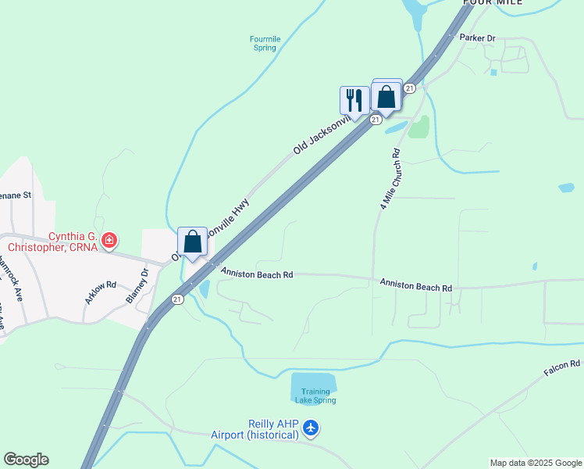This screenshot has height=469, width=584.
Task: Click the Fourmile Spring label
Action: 265,43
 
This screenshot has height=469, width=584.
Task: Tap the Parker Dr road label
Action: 478,38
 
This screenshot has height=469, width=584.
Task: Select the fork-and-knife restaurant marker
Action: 354,100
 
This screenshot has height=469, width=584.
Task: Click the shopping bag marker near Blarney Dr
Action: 193,242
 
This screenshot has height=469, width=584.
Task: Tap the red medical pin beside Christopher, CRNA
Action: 109,241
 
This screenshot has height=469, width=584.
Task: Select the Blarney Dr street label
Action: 137,287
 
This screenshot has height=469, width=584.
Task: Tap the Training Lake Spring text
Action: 315,396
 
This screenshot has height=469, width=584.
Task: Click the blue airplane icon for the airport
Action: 312,428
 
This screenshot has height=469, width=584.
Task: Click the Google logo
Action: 26,460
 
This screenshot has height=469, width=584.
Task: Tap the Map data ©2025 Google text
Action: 536,463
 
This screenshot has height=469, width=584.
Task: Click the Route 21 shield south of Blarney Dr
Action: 177,299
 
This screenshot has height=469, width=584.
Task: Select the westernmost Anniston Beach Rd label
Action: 256,274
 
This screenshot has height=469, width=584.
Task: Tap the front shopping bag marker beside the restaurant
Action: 386,98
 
